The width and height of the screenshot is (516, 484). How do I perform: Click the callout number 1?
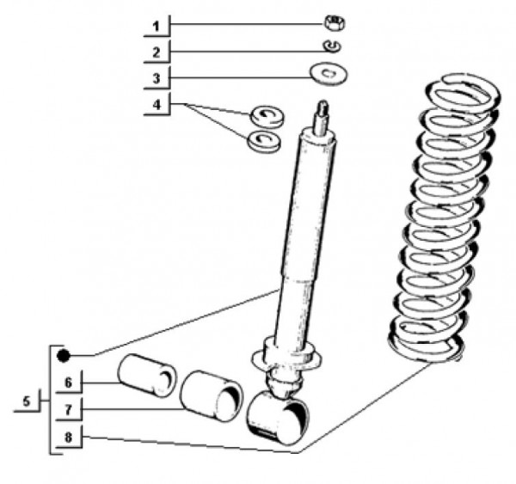click(157, 27)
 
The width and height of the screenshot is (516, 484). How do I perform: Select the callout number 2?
click(157, 52)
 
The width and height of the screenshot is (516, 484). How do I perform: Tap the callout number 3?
click(157, 78)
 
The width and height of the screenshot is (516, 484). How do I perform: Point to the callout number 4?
click(157, 105)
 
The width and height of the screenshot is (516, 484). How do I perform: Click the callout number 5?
click(27, 401)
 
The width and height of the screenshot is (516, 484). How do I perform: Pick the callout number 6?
click(68, 383)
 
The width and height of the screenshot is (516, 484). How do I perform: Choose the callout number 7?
click(68, 410)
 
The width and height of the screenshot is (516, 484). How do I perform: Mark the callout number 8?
click(68, 438)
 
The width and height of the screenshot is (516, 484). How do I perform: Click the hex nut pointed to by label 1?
click(335, 23)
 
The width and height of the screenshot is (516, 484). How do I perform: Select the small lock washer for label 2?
click(332, 46)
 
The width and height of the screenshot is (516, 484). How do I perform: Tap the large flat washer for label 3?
click(329, 74)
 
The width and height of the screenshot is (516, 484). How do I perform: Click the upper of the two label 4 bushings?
click(267, 116)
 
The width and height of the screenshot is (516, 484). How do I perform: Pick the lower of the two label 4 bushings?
click(264, 141)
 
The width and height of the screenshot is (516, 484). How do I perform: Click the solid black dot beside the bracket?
click(63, 356)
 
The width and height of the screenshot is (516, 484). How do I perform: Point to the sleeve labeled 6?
click(147, 375)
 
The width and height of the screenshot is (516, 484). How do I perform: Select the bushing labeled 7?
click(212, 395)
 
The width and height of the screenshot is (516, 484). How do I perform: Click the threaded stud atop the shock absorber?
click(322, 119)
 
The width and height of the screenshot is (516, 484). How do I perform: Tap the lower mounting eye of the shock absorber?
click(278, 417)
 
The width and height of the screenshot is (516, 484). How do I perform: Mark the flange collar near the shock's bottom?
click(286, 357)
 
